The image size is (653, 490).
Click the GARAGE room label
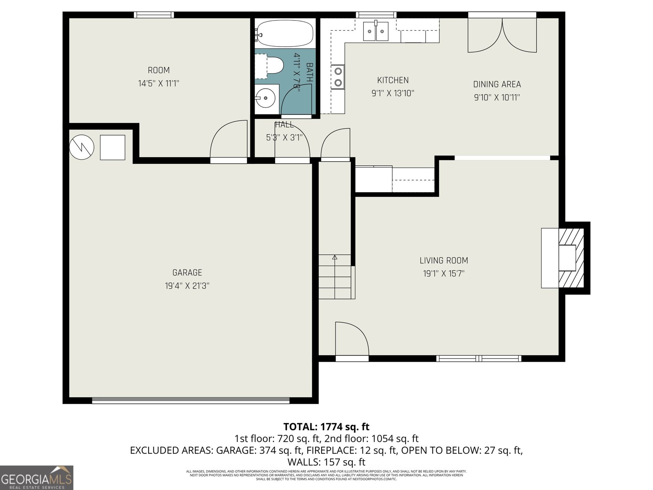pyautogui.click(x=187, y=272)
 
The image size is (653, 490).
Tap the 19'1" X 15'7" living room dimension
pyautogui.click(x=444, y=274)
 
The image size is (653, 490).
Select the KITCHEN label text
pyautogui.click(x=393, y=80)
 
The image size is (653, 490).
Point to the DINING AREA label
pyautogui.click(x=497, y=84)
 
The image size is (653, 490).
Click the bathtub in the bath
pyautogui.click(x=284, y=33)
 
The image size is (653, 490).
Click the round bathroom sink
pyautogui.click(x=266, y=98)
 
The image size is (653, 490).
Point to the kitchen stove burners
pyautogui.click(x=338, y=77)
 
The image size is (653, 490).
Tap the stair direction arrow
pyautogui.click(x=335, y=258)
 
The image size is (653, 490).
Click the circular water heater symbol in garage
pyautogui.click(x=82, y=147)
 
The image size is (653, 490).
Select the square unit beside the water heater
pyautogui.click(x=112, y=147)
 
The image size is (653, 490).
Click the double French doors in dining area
pyautogui.click(x=502, y=35)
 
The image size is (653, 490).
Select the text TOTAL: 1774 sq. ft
pyautogui.click(x=326, y=427)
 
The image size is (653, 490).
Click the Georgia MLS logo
pyautogui.click(x=36, y=477)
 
